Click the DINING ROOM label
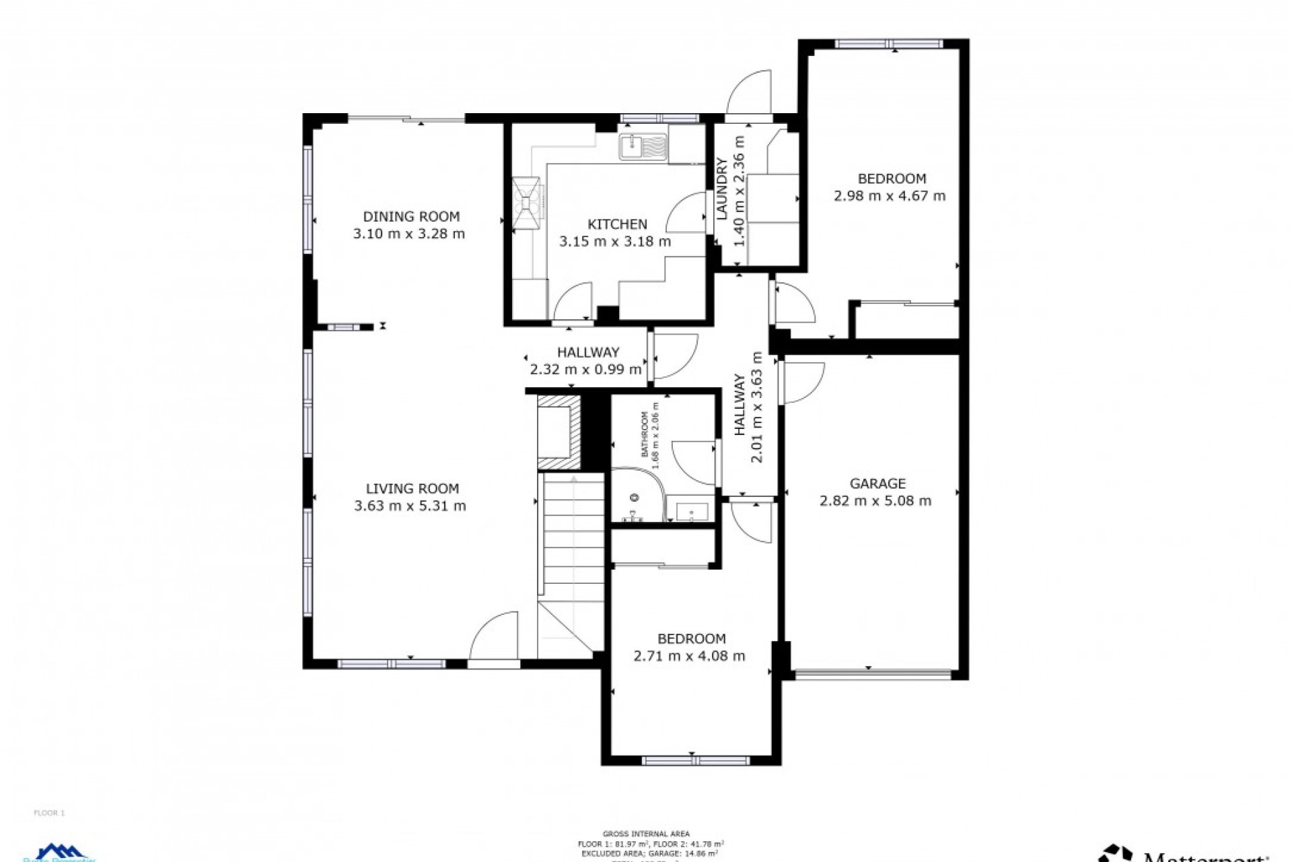point(411,216)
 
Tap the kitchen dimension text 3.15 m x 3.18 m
point(614,241)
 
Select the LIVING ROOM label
point(412,488)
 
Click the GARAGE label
point(877,483)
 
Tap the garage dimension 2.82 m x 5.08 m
point(875,500)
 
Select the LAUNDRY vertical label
point(722,189)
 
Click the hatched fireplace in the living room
point(558,432)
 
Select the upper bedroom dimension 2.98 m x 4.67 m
point(889,196)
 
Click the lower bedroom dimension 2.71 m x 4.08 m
point(689,656)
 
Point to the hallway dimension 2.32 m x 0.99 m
point(585,369)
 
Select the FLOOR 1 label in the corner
point(49,813)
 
